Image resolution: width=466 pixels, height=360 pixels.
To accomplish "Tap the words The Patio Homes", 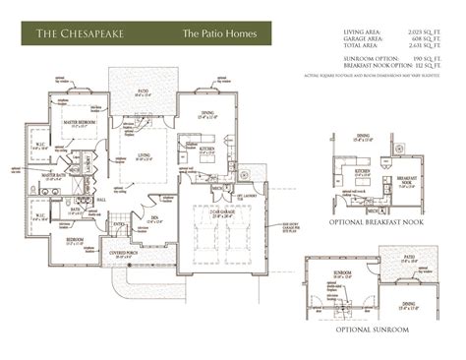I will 218,34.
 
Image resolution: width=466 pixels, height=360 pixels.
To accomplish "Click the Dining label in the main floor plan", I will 208,113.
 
